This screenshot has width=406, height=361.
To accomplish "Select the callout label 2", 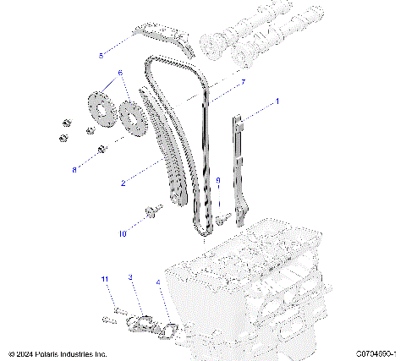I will pos(123,183).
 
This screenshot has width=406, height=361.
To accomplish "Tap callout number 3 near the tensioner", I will pos(129,277).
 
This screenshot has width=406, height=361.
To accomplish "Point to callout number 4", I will pos(158,282).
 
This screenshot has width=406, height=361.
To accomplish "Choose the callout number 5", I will pos(101,56).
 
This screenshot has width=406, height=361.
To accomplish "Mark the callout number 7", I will pos(244,82).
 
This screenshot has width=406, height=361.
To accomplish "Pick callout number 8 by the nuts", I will pos(74,169).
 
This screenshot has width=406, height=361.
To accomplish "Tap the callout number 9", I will pos(217,181).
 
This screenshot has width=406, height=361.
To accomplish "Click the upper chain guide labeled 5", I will pos(165,38).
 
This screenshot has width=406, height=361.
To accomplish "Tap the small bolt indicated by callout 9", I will pos(222,219).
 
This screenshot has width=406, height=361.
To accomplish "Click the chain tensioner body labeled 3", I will pos(139,322).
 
